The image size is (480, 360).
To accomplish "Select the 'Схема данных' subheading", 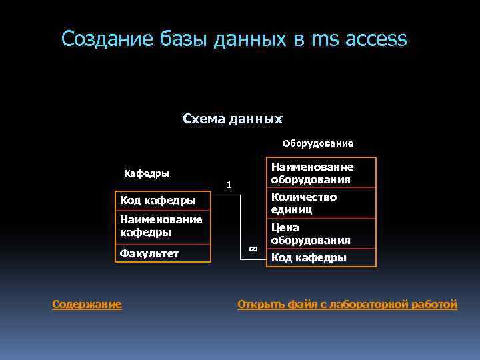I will click(233, 119).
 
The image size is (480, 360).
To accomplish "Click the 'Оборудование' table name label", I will click(318, 143).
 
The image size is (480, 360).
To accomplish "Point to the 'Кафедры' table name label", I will click(147, 173).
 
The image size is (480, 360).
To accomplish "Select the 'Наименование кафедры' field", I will click(161, 225).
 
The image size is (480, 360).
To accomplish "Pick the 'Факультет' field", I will click(149, 253).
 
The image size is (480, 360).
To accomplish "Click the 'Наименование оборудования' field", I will click(312, 173).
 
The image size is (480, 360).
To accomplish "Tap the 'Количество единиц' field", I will click(304, 203).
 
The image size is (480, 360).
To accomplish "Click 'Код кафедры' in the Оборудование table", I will click(309, 258).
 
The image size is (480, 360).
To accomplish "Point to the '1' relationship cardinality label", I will click(228, 184).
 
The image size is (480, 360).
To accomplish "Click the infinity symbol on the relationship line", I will click(253, 248).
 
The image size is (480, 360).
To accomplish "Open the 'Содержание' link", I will click(87, 305).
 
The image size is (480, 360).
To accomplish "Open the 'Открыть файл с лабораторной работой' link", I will click(347, 305).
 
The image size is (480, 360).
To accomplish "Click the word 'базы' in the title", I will click(184, 39).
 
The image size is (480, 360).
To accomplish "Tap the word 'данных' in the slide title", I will click(250, 39).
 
